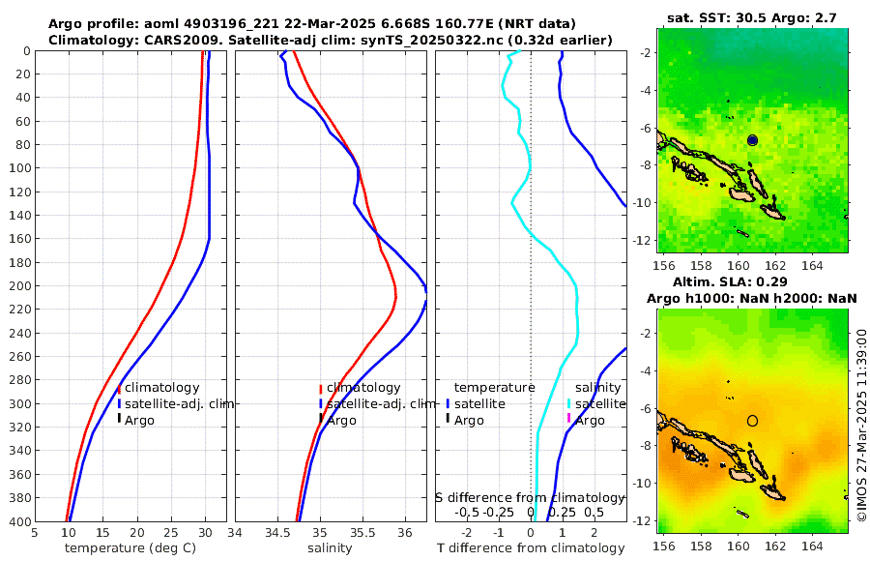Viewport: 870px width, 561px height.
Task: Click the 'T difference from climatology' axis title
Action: point(531,548)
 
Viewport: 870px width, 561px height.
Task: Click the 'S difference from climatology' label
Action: point(530,497)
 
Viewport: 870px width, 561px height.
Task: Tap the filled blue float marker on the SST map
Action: point(753,140)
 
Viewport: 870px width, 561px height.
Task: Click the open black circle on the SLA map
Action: point(752,421)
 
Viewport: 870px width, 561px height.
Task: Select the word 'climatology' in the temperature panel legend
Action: point(161,388)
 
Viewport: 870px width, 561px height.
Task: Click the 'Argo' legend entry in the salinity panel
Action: point(341,420)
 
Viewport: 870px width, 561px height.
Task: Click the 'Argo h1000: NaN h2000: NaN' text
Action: point(751,298)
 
